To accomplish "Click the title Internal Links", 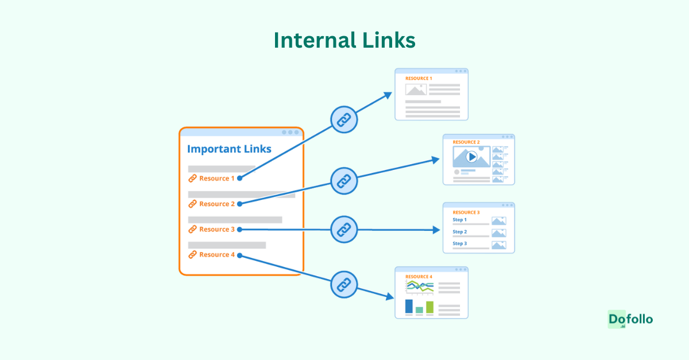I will point(344,41).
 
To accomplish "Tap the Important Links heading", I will point(229,149).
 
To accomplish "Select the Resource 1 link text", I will point(216,179).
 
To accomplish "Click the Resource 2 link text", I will point(216,204).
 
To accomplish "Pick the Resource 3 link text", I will point(216,229).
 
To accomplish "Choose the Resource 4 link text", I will point(216,254).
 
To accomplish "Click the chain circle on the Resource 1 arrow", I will point(344,120).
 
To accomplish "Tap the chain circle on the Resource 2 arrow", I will point(344,181).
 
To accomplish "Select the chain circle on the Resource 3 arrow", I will point(344,230).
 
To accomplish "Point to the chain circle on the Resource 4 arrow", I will point(344,284).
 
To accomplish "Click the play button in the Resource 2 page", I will point(471,156).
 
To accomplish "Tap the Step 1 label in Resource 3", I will point(459,220).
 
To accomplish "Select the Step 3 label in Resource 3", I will point(459,243).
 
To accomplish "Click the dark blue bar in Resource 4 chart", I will point(409,306).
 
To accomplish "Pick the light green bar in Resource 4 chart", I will point(429,307).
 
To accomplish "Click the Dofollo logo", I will point(630,320).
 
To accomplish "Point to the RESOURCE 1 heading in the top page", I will point(419,78).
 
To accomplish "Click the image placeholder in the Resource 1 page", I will point(416,90).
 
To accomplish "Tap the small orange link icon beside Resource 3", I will point(192,229).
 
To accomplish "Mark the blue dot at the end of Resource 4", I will point(239,255).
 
